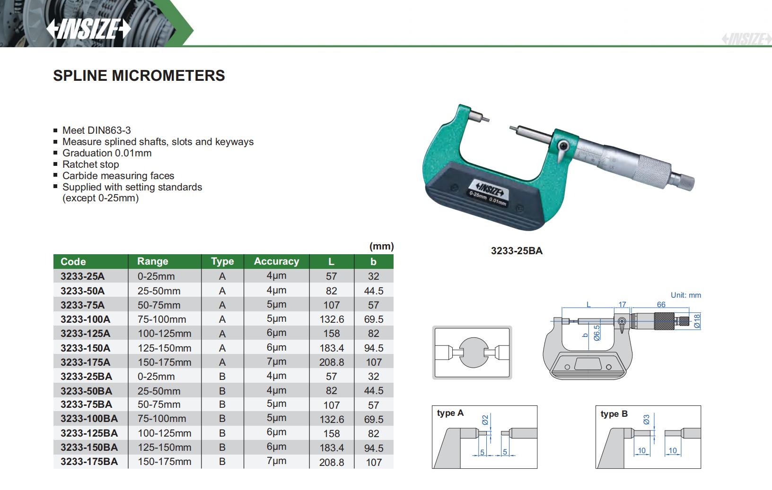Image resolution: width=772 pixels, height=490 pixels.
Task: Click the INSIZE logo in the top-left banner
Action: click(x=88, y=28)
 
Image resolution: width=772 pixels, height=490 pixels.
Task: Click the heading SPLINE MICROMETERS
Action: click(x=139, y=76)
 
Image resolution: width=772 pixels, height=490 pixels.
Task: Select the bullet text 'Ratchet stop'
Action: click(x=91, y=164)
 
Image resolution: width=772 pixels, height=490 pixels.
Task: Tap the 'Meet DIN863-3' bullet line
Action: click(x=96, y=130)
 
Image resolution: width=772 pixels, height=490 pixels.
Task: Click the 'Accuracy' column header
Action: click(x=276, y=261)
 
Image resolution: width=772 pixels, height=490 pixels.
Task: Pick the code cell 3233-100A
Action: click(x=86, y=319)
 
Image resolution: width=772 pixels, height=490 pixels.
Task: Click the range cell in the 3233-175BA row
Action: click(x=165, y=462)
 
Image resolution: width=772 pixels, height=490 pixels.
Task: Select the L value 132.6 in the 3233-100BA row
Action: click(x=332, y=419)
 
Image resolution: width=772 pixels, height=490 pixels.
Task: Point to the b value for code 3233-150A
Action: click(x=374, y=348)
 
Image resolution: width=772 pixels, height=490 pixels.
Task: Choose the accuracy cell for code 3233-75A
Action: click(x=276, y=304)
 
